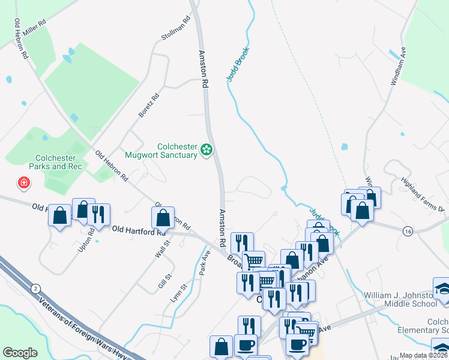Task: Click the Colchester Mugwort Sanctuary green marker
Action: (207, 149)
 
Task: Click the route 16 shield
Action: (408, 231)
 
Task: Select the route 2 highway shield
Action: (37, 289)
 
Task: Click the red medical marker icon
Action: (24, 182)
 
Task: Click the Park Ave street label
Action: (205, 262)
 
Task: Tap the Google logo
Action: (20, 353)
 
